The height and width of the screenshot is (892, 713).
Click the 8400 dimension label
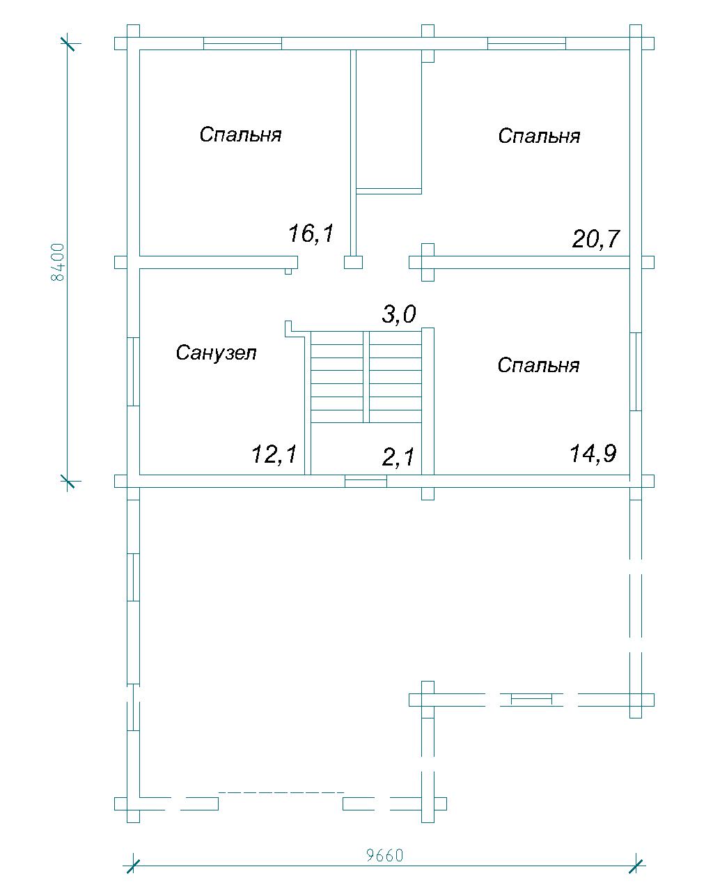[58, 262]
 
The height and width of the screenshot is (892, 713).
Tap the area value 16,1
[311, 233]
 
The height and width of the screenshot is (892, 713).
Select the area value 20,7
[596, 239]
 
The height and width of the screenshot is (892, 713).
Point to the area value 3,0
[399, 314]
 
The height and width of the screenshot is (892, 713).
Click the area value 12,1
[274, 454]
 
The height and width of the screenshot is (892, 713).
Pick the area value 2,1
[398, 457]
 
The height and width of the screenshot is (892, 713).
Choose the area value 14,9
[593, 453]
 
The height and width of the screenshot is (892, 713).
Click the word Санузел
[217, 353]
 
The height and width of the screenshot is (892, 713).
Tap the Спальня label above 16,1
[241, 134]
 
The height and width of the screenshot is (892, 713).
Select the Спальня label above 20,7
[539, 135]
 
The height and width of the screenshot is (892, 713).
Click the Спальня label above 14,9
[538, 364]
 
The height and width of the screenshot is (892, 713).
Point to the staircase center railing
[366, 377]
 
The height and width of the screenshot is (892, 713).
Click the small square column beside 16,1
[354, 263]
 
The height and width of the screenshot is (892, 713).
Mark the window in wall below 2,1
[366, 481]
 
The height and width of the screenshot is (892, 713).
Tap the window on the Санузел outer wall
[133, 371]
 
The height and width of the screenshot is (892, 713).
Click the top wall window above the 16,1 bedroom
[243, 43]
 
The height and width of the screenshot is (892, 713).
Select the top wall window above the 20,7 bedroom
[526, 43]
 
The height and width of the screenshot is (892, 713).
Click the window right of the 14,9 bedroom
[636, 371]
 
